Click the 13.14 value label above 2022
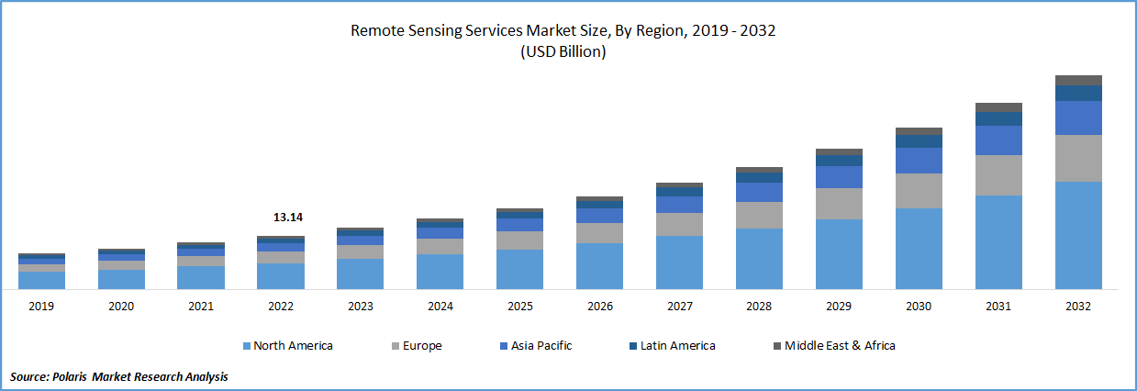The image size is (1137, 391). click(x=287, y=218)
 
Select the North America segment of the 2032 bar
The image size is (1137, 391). click(x=1078, y=235)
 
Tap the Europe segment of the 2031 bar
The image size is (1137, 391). click(x=998, y=175)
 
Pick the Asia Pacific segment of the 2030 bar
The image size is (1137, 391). click(x=919, y=161)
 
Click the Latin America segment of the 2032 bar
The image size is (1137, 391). click(x=1078, y=93)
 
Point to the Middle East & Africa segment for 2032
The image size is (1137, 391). click(x=1078, y=80)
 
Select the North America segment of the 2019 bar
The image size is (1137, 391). click(x=41, y=280)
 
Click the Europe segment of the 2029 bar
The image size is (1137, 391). click(x=839, y=204)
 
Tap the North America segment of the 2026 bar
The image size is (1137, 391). click(x=599, y=266)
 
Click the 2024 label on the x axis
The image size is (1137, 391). click(x=440, y=307)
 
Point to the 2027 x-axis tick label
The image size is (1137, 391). click(x=679, y=307)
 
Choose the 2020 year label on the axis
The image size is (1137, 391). click(x=121, y=307)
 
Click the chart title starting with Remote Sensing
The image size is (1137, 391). click(x=563, y=30)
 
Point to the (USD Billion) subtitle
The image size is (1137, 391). click(x=563, y=52)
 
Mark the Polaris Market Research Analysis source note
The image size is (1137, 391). click(x=119, y=376)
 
